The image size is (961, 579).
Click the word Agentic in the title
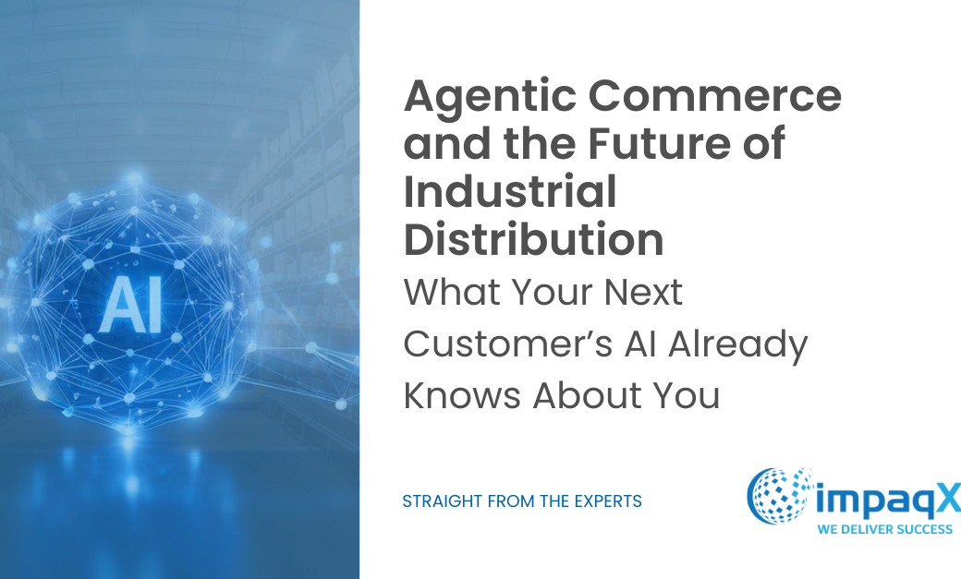[x=490, y=98]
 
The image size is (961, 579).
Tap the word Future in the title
[x=656, y=143]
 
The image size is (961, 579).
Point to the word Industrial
[x=510, y=191]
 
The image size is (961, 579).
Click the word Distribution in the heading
[x=534, y=239]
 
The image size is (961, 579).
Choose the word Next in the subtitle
[x=643, y=292]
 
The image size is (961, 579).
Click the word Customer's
[x=508, y=344]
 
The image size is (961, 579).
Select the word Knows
[x=461, y=395]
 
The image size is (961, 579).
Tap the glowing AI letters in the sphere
[x=131, y=305]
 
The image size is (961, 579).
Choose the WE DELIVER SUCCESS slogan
[x=885, y=529]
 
